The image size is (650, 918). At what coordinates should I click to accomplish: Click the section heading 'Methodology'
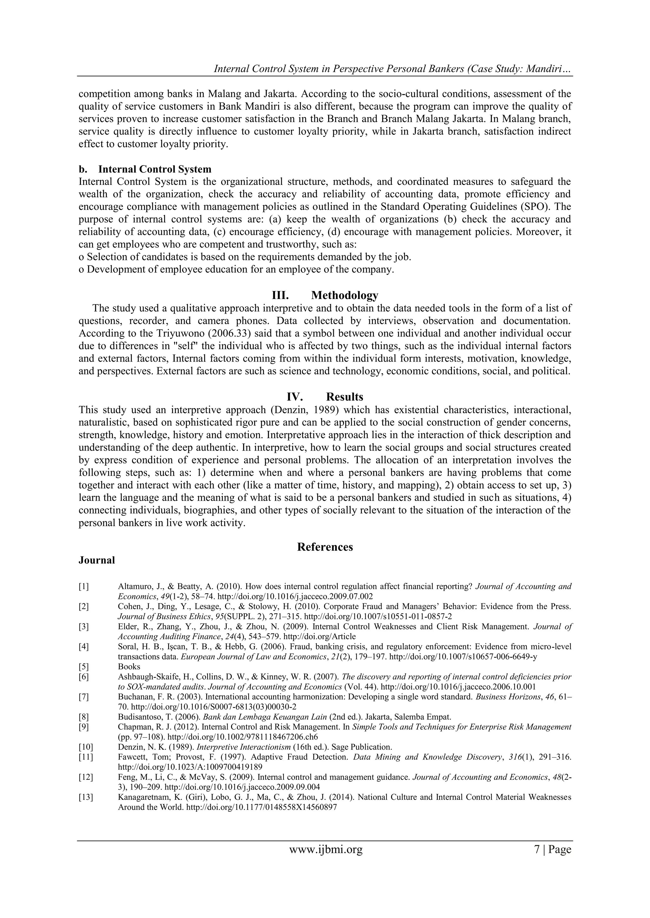coord(344,296)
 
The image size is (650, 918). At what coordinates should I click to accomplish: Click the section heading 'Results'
coord(344,397)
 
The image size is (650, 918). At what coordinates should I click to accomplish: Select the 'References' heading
coord(325,547)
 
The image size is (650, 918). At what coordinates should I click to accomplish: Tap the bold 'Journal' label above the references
coord(96,560)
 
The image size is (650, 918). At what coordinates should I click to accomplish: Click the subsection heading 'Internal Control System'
coord(155,169)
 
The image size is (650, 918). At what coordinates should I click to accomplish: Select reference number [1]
coord(84,587)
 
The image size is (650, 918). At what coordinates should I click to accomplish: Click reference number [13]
coord(86,797)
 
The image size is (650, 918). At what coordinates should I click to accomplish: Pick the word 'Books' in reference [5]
coord(129,667)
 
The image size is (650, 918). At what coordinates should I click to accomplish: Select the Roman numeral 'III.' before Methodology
coord(281,296)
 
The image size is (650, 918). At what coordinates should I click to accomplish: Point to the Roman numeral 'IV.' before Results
coord(295,397)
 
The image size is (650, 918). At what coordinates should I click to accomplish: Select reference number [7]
coord(84,696)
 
